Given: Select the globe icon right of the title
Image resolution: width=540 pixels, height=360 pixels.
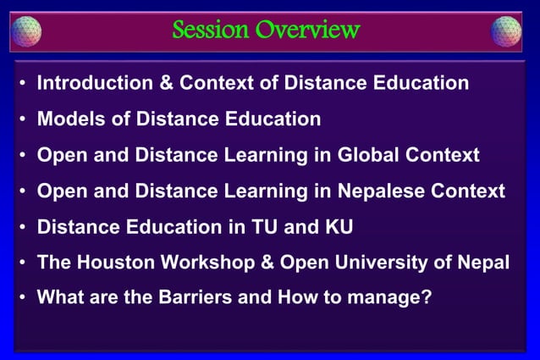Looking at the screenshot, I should click(506, 30).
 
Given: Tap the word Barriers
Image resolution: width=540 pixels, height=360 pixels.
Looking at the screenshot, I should click(180, 298).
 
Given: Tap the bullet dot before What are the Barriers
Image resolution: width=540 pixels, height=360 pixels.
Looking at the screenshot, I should click(22, 299).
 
